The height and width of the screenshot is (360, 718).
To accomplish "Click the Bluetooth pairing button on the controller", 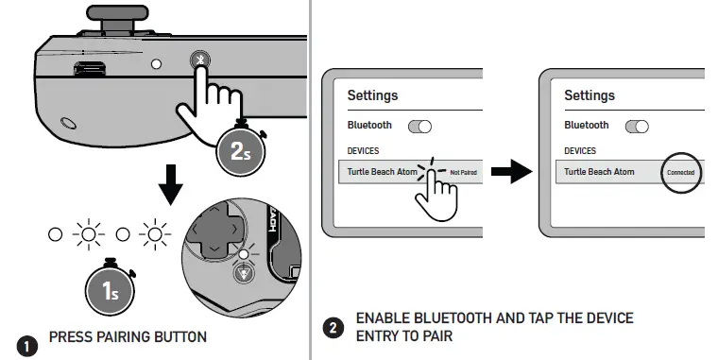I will (200, 60).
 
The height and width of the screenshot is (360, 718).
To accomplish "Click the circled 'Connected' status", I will (680, 172).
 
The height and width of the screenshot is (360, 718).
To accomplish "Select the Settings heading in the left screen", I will (372, 95).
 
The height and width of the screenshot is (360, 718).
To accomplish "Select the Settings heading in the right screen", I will (590, 95).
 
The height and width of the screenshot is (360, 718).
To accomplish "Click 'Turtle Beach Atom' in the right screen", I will (599, 172).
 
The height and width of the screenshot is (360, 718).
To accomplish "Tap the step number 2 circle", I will (333, 328).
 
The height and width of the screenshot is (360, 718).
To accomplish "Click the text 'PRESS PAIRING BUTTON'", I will (127, 336).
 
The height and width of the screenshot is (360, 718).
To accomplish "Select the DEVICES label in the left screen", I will (365, 151).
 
